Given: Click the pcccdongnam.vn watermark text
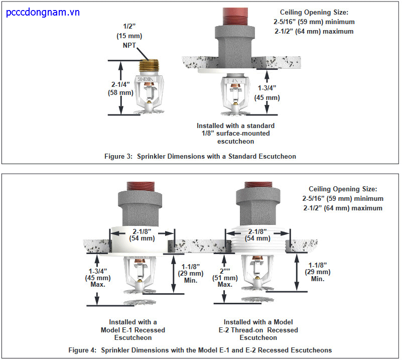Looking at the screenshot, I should (43, 12).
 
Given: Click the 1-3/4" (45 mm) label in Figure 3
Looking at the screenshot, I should (265, 93).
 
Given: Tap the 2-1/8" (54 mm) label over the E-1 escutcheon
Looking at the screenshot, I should (142, 234).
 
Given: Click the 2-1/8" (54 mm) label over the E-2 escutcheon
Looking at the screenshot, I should (257, 234).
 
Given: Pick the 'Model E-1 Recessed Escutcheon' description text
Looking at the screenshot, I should (133, 330).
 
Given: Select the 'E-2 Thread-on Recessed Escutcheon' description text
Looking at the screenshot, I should (258, 330).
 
